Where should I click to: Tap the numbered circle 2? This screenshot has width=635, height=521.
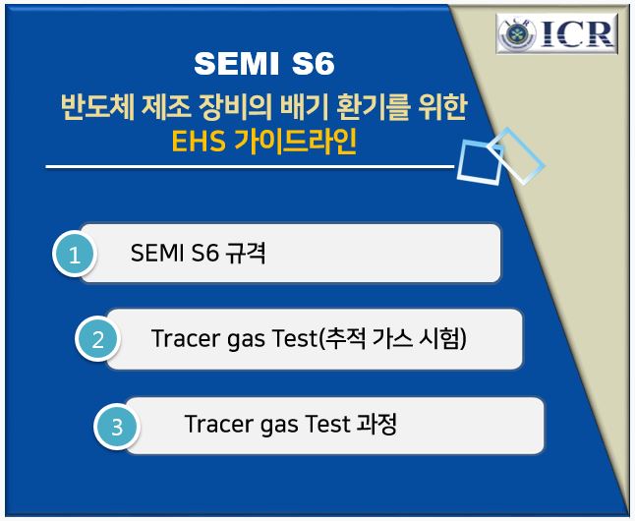coord(97,340)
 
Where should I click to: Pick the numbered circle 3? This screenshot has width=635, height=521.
coord(117,428)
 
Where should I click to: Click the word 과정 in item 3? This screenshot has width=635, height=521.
coord(375,425)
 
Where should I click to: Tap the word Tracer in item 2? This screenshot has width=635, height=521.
coord(184,339)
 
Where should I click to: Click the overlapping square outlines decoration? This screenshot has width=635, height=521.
coord(500,155)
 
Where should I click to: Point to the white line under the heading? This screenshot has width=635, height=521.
coord(246,167)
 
